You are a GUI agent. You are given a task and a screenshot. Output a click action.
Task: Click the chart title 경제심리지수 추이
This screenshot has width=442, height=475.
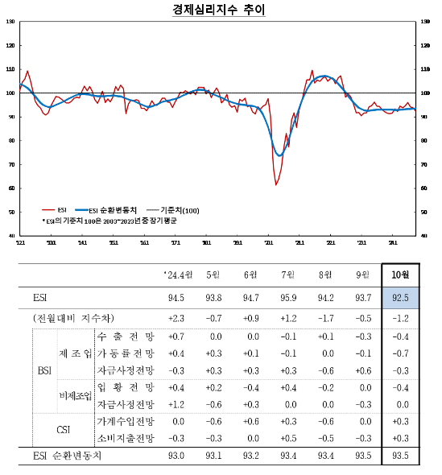[218, 10]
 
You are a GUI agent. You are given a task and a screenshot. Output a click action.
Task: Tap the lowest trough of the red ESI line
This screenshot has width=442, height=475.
[276, 184]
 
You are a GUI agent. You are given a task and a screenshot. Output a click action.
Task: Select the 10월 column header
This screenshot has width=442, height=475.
[399, 275]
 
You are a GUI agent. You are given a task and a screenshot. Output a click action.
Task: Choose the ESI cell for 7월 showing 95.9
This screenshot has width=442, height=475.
[287, 298]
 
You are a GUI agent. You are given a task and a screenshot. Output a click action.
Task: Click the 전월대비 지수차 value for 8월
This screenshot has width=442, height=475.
[324, 317]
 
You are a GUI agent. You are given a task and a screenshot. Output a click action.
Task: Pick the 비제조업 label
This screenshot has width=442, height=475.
[74, 395]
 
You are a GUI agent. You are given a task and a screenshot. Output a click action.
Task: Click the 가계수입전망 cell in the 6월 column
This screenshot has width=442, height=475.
[250, 421]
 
